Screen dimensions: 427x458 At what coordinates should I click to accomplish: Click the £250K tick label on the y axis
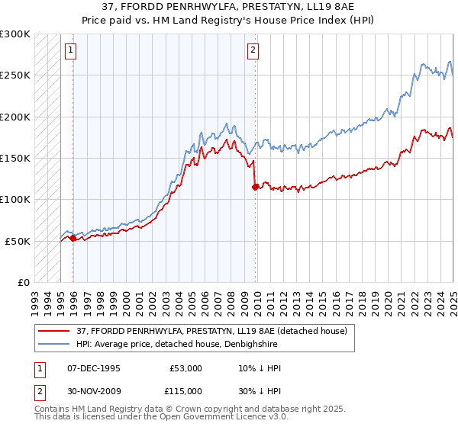(15, 75)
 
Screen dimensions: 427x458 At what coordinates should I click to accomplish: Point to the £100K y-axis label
(15, 200)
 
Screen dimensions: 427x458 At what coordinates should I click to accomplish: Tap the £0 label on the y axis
(22, 282)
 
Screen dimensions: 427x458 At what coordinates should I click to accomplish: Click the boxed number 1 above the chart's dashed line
(69, 51)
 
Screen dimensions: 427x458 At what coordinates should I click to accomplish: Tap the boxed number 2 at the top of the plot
(253, 51)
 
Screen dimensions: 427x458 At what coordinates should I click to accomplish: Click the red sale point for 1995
(73, 239)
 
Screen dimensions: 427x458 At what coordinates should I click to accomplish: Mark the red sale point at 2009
(255, 187)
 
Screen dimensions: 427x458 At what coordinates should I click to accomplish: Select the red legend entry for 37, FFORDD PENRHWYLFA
(211, 331)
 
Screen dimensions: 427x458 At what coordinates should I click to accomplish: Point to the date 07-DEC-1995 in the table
(94, 368)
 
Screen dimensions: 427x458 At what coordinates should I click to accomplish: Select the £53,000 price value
(185, 368)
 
